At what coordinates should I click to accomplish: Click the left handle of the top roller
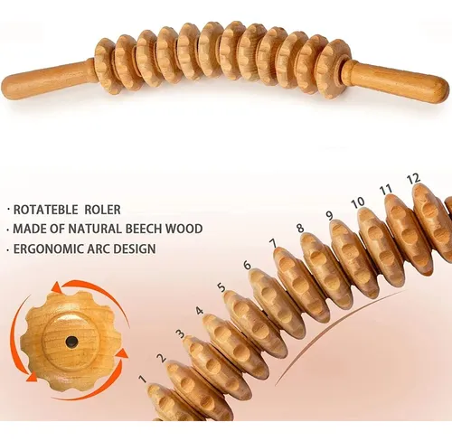[48, 80]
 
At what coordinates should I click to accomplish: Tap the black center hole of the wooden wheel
[72, 342]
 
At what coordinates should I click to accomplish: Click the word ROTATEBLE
[46, 210]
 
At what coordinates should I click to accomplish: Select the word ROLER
[102, 210]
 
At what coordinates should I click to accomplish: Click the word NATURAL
[96, 229]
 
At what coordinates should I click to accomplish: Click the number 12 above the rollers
[414, 179]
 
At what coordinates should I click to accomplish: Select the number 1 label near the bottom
[143, 380]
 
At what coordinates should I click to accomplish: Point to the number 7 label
[273, 243]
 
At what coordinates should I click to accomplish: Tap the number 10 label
[358, 202]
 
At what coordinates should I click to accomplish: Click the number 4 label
[200, 311]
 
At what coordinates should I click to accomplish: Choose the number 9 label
[330, 216]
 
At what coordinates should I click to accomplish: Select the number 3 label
[181, 333]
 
